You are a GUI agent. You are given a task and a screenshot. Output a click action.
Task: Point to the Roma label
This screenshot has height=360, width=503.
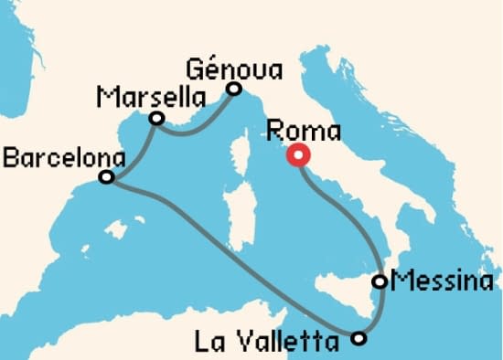pos(301,131)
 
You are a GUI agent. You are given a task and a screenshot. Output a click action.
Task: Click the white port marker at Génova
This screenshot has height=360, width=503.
pos(233,89)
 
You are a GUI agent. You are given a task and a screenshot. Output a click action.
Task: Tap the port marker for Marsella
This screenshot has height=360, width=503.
pos(156,118)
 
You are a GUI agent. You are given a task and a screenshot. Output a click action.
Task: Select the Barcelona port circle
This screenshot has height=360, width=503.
pos(106,176)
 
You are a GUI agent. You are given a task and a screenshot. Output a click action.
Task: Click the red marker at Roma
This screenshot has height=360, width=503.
pos(297,155)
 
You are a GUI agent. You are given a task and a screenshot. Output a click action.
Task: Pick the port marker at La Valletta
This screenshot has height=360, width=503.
pos(359,339)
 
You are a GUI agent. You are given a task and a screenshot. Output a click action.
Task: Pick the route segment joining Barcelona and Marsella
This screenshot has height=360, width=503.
pos(133,151)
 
